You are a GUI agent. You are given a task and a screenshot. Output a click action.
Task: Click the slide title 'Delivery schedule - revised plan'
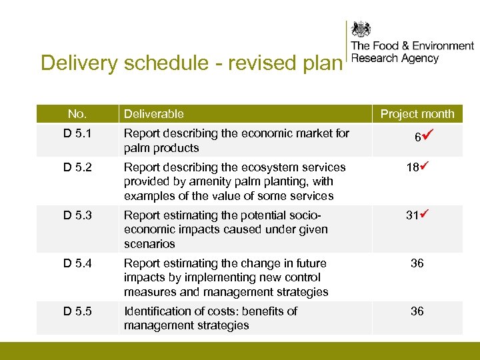click(191, 63)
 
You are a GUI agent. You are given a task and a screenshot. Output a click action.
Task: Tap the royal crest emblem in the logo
click(361, 29)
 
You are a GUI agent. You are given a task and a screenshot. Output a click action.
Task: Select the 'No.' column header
click(77, 113)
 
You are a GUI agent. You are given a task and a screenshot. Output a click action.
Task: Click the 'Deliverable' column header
click(154, 114)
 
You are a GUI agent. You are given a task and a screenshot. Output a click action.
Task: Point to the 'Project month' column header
click(417, 114)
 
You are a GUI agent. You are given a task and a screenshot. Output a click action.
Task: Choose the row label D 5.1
click(78, 133)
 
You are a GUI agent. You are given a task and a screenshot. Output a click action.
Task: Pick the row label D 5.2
click(78, 167)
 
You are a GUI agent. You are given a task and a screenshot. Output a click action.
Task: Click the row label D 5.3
click(78, 215)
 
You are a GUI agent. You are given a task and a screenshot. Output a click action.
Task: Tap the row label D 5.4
click(78, 263)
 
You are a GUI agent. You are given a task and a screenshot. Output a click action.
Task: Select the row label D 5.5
click(78, 311)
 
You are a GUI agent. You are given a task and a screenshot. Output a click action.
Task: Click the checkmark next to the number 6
click(427, 135)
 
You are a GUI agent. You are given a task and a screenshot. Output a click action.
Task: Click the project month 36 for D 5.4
click(417, 263)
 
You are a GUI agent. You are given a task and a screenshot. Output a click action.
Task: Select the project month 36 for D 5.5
click(417, 311)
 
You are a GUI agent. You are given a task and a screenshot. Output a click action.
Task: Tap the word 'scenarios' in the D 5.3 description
click(149, 244)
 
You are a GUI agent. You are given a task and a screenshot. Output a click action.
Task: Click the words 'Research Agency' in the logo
click(395, 59)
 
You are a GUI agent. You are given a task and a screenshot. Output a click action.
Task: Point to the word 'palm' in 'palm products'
click(137, 148)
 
